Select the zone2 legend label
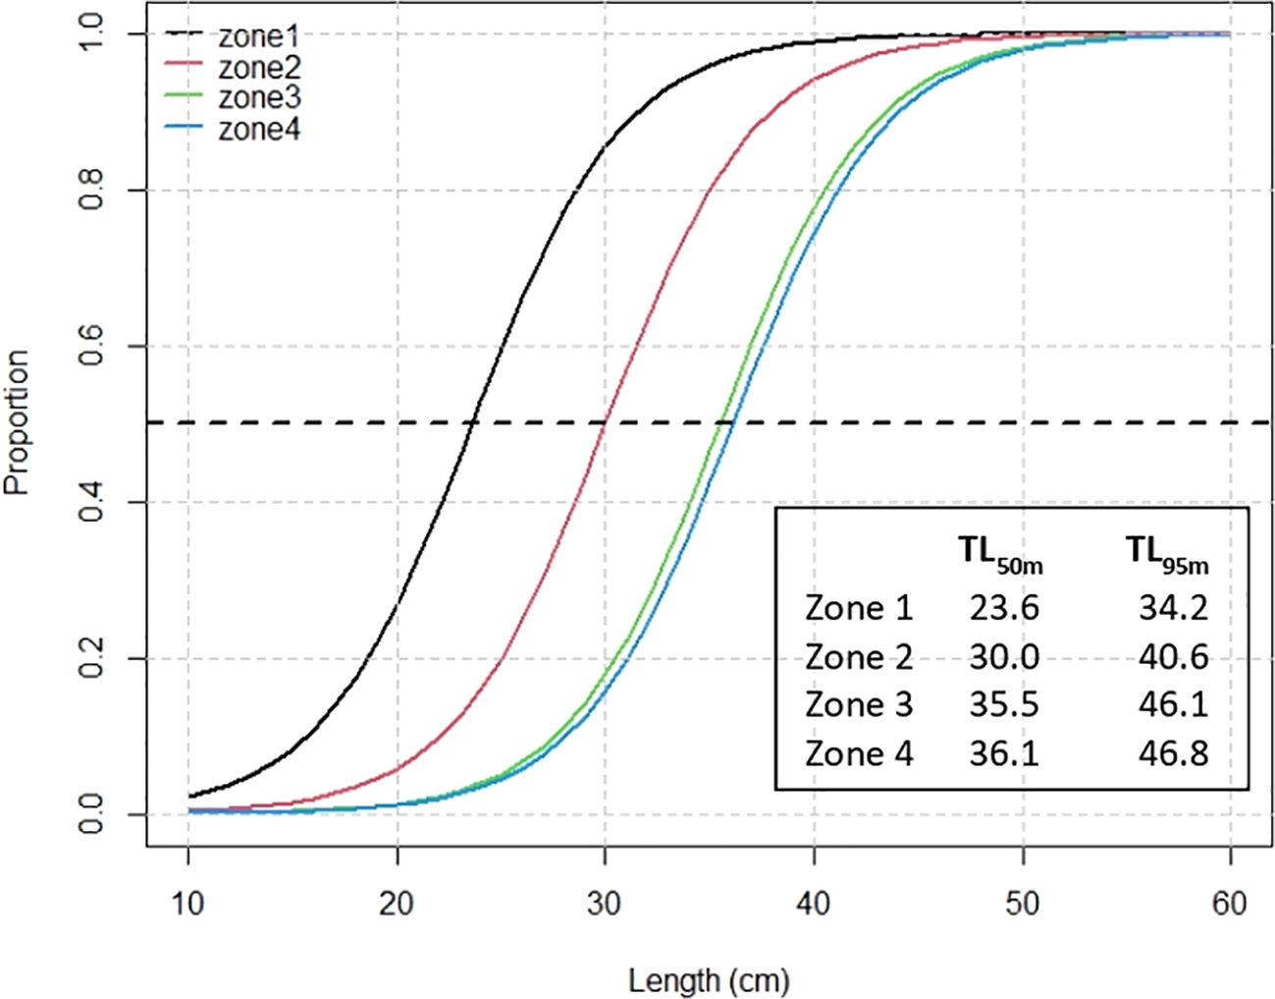(258, 68)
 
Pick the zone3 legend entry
(258, 98)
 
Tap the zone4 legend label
(258, 129)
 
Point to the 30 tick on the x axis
(605, 902)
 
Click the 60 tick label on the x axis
(1230, 902)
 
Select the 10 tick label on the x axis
(187, 902)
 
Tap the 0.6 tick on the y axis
(91, 346)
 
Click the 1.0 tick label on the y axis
(91, 33)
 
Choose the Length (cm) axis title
(709, 979)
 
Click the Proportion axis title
(17, 422)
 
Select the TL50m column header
(1000, 554)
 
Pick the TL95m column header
(1167, 554)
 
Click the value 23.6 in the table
(1003, 608)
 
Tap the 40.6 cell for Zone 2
(1173, 656)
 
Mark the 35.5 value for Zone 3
(1003, 704)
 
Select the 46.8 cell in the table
(1173, 753)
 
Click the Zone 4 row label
(859, 753)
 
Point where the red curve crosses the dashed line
(605, 422)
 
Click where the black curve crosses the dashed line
(472, 422)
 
